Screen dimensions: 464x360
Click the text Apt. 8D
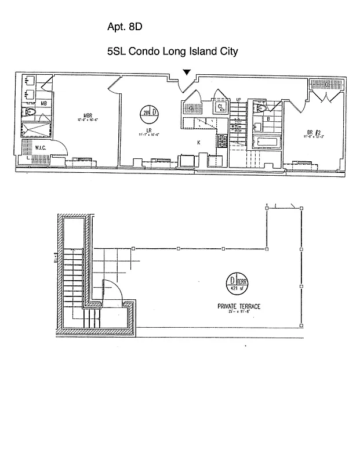[x=125, y=27]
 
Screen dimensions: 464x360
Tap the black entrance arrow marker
[x=186, y=72]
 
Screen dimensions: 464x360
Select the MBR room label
[x=89, y=115]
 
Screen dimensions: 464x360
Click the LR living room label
[x=149, y=130]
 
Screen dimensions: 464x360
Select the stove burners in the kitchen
[x=221, y=141]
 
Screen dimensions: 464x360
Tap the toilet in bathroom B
[x=260, y=108]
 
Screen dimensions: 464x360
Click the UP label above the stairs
[x=238, y=100]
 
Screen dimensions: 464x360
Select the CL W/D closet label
[x=221, y=107]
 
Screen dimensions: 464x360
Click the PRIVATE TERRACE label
[x=239, y=306]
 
